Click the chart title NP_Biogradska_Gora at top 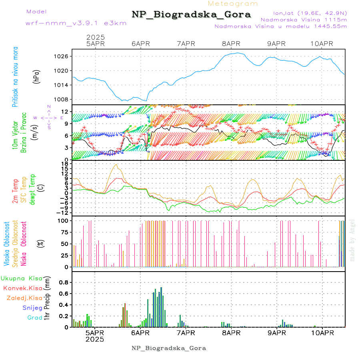tap(191, 15)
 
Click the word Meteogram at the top tap(233, 4)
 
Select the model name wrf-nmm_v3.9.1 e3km tap(76, 23)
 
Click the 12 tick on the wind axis tap(64, 112)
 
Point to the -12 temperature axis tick tap(63, 213)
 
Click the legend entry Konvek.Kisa tap(23, 288)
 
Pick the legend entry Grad tap(34, 318)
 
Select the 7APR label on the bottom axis tap(185, 333)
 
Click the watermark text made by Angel tap(352, 240)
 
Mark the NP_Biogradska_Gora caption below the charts tap(169, 348)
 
